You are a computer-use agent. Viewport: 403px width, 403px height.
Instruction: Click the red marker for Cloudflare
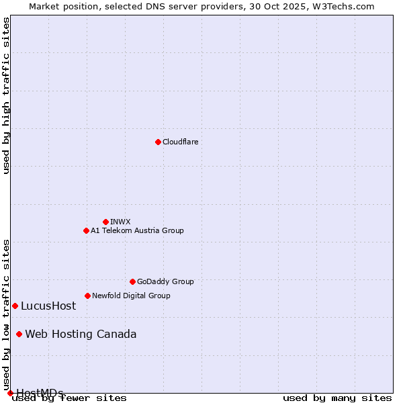click(x=158, y=142)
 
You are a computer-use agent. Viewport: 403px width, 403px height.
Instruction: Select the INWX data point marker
click(x=105, y=222)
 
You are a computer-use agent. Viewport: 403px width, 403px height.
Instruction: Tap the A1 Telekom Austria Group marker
click(x=86, y=230)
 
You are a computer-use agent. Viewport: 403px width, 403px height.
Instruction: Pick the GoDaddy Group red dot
click(x=132, y=281)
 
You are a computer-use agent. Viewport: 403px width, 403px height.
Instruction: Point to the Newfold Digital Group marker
click(x=87, y=296)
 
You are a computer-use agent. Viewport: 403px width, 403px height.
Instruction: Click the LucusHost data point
click(x=15, y=306)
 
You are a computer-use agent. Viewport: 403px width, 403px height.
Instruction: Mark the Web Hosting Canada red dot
click(x=19, y=334)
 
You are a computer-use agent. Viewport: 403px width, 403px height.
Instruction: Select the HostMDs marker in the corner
click(x=10, y=393)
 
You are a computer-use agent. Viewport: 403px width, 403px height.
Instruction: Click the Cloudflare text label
click(x=181, y=142)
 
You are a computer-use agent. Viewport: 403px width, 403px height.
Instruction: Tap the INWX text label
click(x=120, y=222)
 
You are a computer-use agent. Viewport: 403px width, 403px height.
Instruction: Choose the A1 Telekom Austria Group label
click(x=137, y=230)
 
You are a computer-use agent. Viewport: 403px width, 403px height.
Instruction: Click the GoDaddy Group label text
click(x=165, y=281)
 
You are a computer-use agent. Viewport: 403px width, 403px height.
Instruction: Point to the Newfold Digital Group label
click(x=131, y=296)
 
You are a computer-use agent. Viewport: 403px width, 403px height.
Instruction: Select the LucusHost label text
click(x=48, y=306)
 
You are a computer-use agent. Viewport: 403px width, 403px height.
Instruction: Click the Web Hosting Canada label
click(x=81, y=334)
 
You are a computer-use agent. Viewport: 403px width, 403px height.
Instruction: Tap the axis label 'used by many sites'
click(x=337, y=398)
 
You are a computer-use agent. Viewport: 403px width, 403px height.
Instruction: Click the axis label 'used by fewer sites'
click(x=70, y=398)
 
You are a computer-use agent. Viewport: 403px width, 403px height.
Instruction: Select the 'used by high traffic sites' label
click(x=7, y=95)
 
